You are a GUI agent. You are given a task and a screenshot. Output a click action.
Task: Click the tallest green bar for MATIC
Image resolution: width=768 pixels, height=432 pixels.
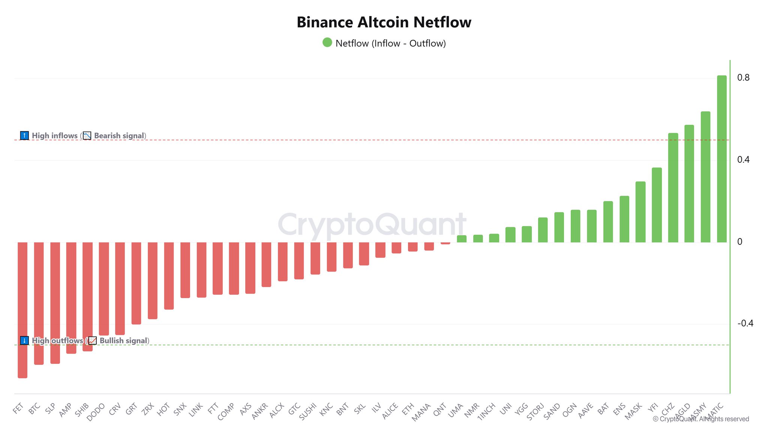pyautogui.click(x=721, y=159)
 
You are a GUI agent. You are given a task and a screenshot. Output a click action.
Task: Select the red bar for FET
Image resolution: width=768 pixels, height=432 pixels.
pyautogui.click(x=22, y=310)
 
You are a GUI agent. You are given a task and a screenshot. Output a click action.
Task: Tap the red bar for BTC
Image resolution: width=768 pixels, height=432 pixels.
pyautogui.click(x=39, y=303)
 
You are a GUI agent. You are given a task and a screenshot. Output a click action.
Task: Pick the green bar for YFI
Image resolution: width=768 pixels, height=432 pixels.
pyautogui.click(x=657, y=205)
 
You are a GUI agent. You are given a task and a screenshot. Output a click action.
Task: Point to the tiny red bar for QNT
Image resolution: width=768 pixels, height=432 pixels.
pyautogui.click(x=445, y=243)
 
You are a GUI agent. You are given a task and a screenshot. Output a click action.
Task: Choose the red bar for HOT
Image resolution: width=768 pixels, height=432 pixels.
pyautogui.click(x=169, y=276)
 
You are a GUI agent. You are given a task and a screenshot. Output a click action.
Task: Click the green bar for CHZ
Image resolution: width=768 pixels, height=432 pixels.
pyautogui.click(x=673, y=187)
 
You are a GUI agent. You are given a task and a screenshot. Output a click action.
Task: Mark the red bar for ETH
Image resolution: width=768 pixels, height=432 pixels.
pyautogui.click(x=413, y=247)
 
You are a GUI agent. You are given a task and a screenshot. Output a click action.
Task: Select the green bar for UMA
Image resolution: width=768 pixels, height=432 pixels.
pyautogui.click(x=462, y=239)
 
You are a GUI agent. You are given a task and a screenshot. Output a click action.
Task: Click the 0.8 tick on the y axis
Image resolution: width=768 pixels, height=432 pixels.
pyautogui.click(x=743, y=78)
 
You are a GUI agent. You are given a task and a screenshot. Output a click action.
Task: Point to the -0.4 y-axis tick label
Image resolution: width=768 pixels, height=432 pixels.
pyautogui.click(x=745, y=323)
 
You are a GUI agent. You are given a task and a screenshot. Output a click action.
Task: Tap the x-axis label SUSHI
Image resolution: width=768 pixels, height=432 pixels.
pyautogui.click(x=308, y=411)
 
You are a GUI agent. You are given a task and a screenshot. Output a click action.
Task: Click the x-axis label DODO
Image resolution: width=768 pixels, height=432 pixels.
pyautogui.click(x=96, y=412)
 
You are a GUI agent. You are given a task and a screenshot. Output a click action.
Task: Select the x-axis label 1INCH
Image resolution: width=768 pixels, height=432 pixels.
pyautogui.click(x=486, y=411)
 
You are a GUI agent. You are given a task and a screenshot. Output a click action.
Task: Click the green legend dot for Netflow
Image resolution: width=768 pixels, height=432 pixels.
pyautogui.click(x=327, y=42)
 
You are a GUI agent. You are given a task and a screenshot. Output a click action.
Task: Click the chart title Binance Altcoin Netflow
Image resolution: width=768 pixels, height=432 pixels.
pyautogui.click(x=384, y=22)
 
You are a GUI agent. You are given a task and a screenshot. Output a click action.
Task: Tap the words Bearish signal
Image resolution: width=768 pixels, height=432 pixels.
pyautogui.click(x=119, y=136)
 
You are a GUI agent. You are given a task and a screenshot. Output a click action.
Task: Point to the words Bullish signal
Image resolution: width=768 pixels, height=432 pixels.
pyautogui.click(x=123, y=340)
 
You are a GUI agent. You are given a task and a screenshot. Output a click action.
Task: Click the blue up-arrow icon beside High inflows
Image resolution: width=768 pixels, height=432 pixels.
pyautogui.click(x=24, y=135)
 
